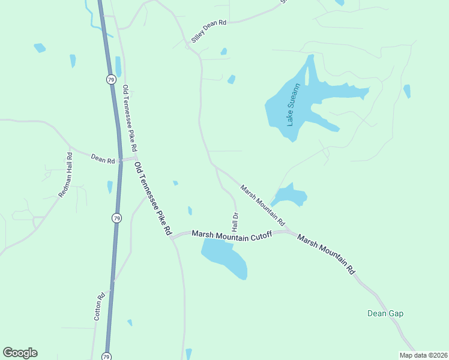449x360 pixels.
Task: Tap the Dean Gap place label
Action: [385, 313]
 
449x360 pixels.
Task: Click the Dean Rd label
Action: [103, 159]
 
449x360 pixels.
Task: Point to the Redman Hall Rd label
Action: [65, 175]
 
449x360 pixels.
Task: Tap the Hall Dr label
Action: [235, 221]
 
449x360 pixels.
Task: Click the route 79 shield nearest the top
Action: [111, 79]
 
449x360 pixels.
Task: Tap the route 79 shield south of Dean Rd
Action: [116, 218]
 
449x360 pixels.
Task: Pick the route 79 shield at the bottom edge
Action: [107, 355]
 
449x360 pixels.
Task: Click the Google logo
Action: [20, 353]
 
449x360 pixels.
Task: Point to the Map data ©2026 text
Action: [423, 355]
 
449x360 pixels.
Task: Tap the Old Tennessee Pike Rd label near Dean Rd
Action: [153, 199]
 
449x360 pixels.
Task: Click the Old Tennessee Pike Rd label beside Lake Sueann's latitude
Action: [130, 118]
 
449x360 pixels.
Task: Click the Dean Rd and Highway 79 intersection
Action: [120, 160]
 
